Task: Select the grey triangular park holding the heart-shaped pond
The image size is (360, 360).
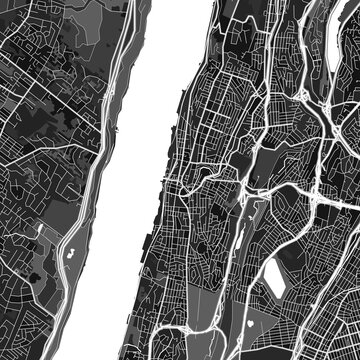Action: pos(246,325)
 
